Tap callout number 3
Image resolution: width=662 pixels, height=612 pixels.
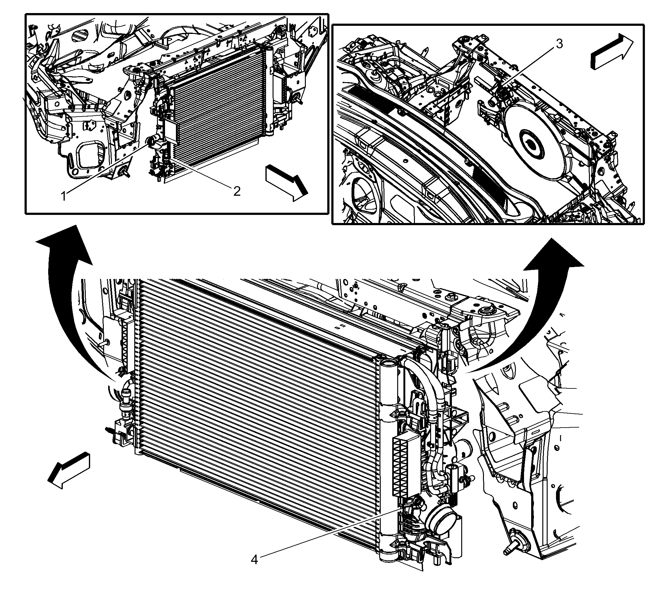click(x=559, y=44)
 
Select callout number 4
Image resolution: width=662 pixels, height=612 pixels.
click(x=254, y=569)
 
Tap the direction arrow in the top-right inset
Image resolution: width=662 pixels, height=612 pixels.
click(x=612, y=52)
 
